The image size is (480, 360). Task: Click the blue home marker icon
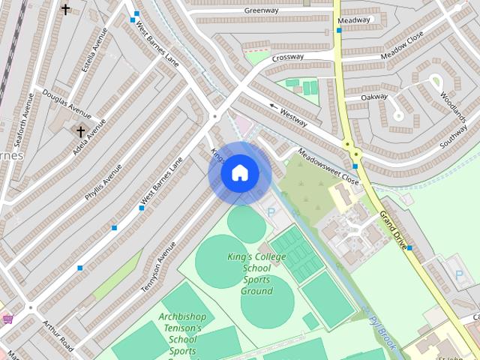(x=239, y=172)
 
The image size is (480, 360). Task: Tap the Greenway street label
(x=261, y=10)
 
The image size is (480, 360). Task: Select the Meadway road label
(x=353, y=20)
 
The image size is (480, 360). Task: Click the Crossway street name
(x=288, y=57)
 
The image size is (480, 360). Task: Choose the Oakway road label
(x=373, y=97)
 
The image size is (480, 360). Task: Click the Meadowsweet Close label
(x=328, y=166)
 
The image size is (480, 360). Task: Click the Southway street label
(x=454, y=134)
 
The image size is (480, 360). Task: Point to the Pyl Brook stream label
(x=382, y=331)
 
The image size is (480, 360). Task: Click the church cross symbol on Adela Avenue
(x=80, y=130)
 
